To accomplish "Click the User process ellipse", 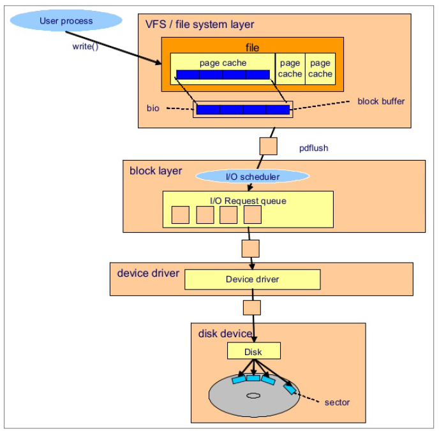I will click(x=66, y=21).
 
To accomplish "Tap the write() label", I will click(x=85, y=47).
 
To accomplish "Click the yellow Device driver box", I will click(x=252, y=279).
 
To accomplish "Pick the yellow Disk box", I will click(x=253, y=351).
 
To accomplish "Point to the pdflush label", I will click(x=313, y=148).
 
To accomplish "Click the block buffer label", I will click(x=381, y=101).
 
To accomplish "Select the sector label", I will click(x=337, y=402).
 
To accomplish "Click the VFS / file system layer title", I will click(x=200, y=25).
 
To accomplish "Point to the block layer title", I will click(x=156, y=171).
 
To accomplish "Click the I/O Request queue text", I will click(x=248, y=201).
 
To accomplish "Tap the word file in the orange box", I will click(x=253, y=48).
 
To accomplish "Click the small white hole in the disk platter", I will click(x=253, y=396).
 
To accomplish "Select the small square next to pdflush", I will click(x=268, y=147).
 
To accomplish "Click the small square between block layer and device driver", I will click(x=251, y=247).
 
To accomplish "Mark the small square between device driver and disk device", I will click(x=251, y=308).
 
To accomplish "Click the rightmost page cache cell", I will click(x=320, y=68).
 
